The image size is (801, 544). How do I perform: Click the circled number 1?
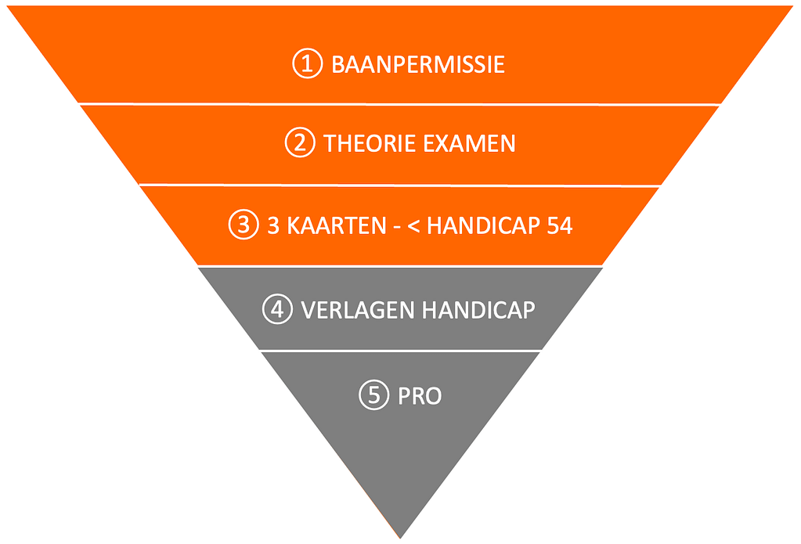[x=308, y=63]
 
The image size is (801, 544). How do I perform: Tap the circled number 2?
[x=300, y=142]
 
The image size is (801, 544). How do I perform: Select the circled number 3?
[x=244, y=224]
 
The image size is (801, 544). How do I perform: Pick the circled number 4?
[x=277, y=308]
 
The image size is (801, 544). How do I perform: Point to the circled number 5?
[x=374, y=394]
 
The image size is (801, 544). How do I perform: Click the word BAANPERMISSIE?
[x=418, y=64]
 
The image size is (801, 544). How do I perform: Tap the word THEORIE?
[x=370, y=143]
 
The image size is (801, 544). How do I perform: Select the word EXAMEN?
[x=469, y=143]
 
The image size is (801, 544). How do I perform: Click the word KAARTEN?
[x=337, y=225]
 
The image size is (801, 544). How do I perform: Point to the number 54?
[x=559, y=225]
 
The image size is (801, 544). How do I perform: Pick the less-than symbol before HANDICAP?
[x=413, y=226]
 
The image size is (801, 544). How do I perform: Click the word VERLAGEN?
[x=358, y=310]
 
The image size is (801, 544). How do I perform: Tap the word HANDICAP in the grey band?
[x=478, y=310]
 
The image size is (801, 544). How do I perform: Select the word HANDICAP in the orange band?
[x=483, y=225]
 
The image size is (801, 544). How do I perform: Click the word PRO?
[x=420, y=396]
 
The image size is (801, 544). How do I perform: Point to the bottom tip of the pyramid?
[x=401, y=539]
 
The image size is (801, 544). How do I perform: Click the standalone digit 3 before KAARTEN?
[x=273, y=225]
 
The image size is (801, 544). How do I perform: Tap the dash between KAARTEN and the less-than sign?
[x=397, y=228]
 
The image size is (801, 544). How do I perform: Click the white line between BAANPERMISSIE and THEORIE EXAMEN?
[x=399, y=103]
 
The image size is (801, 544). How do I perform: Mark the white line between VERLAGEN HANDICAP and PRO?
[x=401, y=351]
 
